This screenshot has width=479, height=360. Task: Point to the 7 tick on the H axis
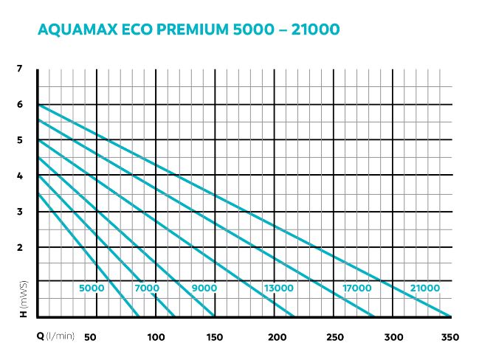pyautogui.click(x=20, y=69)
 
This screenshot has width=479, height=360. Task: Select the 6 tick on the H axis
pyautogui.click(x=20, y=104)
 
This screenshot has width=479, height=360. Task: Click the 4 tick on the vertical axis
pyautogui.click(x=20, y=176)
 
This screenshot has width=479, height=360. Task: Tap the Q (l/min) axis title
pyautogui.click(x=56, y=337)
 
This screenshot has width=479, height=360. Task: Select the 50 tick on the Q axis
pyautogui.click(x=91, y=337)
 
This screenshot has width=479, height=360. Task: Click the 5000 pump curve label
pyautogui.click(x=92, y=288)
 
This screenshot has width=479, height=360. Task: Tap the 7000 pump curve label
pyautogui.click(x=148, y=288)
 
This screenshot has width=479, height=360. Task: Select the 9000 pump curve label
pyautogui.click(x=204, y=288)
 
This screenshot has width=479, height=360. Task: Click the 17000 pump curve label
pyautogui.click(x=357, y=288)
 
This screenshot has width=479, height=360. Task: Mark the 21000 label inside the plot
pyautogui.click(x=424, y=288)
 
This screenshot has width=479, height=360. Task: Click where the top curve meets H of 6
pyautogui.click(x=38, y=105)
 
